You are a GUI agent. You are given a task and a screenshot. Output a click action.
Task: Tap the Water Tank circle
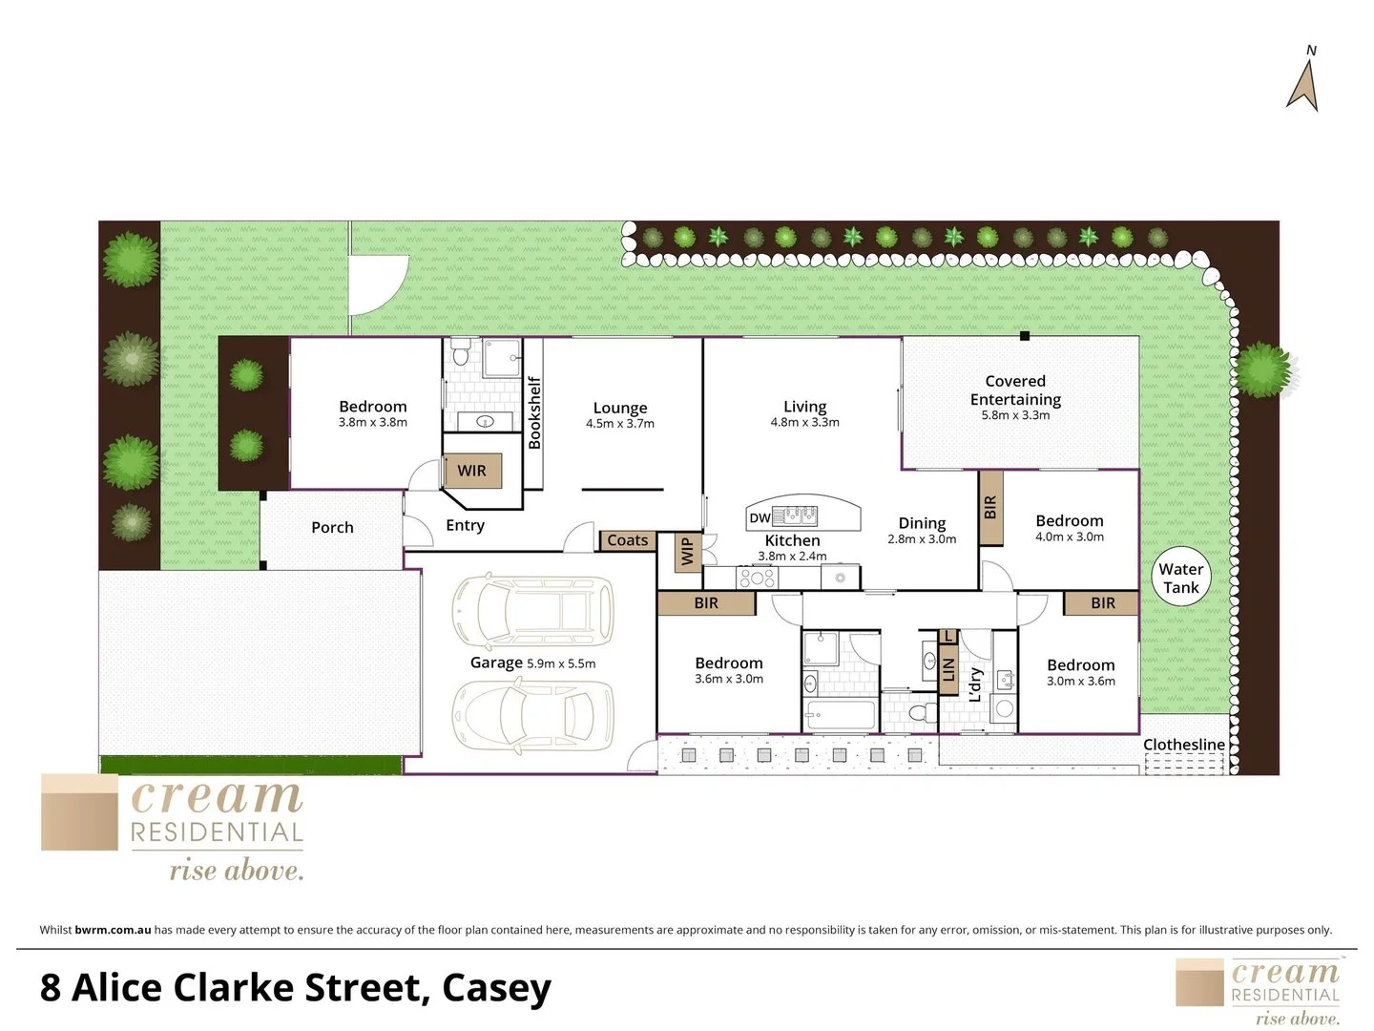(x=1181, y=579)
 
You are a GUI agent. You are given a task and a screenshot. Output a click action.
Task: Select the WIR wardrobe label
(x=471, y=471)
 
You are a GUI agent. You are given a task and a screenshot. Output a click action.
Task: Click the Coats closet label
(x=627, y=540)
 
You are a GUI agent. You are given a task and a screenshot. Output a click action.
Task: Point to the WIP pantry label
(x=686, y=551)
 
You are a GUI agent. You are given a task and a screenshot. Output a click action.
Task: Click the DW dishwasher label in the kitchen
(x=760, y=518)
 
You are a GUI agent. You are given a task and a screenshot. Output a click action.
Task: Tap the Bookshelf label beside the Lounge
(x=534, y=412)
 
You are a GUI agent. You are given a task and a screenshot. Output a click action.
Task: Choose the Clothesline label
(x=1184, y=745)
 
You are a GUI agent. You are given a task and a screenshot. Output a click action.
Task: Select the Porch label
(x=332, y=527)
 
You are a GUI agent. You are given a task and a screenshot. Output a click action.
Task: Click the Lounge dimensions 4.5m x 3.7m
(x=620, y=424)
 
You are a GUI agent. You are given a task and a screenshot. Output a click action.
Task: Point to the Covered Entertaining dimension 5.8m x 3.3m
(x=1015, y=415)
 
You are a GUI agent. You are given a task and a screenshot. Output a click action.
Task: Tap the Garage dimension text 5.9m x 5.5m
(x=561, y=663)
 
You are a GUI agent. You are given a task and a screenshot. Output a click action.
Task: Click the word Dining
(x=922, y=523)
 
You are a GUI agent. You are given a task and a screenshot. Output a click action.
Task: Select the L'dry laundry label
(x=975, y=684)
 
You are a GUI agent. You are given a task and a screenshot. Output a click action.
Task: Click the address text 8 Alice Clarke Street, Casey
(x=296, y=987)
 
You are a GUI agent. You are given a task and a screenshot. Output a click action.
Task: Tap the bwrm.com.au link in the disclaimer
(x=113, y=930)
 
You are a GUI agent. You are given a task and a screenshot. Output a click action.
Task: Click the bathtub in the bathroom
(x=840, y=714)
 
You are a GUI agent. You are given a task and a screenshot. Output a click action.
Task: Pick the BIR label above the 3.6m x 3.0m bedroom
(x=706, y=603)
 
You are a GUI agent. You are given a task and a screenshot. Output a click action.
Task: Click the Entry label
(x=465, y=525)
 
